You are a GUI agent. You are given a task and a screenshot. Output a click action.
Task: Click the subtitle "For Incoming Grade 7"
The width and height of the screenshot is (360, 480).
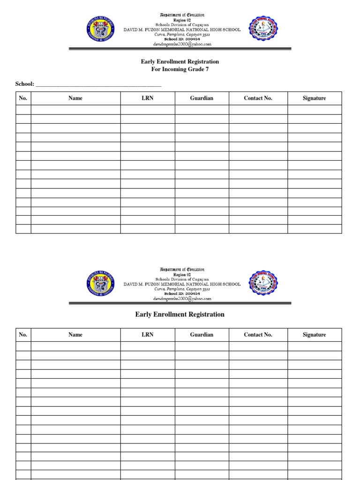(180, 69)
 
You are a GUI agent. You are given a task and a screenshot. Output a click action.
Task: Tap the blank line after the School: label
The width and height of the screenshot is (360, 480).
(98, 84)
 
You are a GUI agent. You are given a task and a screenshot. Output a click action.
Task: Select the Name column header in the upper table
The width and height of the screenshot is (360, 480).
(75, 98)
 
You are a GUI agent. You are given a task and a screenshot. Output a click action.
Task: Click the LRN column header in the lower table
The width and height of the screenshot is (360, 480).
(148, 335)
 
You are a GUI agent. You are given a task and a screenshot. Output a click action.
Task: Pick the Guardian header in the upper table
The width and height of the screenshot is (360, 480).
(202, 98)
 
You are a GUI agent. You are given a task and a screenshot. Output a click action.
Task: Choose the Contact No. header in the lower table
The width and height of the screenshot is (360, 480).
(258, 335)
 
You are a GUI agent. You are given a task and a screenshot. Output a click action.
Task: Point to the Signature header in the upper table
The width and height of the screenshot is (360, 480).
(314, 98)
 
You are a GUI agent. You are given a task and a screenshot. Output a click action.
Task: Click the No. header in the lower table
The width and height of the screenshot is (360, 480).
(23, 335)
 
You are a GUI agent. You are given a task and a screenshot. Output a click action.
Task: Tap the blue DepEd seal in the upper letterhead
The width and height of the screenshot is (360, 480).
(100, 29)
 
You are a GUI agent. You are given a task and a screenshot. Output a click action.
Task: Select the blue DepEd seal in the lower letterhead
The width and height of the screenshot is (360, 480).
(100, 284)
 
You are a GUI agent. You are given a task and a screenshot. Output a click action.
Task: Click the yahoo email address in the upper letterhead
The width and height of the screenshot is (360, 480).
(182, 44)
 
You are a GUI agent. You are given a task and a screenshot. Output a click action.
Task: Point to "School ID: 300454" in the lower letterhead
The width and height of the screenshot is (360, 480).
(182, 293)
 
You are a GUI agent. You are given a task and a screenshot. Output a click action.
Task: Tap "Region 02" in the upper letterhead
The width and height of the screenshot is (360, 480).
(182, 20)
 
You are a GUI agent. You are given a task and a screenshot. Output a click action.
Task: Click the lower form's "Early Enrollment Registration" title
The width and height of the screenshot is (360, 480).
(180, 315)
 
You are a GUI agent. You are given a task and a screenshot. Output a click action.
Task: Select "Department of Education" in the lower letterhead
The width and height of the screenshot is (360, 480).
(182, 270)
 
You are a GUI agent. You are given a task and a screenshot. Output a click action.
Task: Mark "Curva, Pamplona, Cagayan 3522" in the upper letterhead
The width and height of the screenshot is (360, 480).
(182, 35)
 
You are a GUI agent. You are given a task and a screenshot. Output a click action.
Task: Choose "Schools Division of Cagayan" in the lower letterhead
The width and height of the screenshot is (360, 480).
(182, 279)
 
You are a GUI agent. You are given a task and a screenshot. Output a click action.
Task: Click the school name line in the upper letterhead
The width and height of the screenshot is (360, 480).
(182, 30)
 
